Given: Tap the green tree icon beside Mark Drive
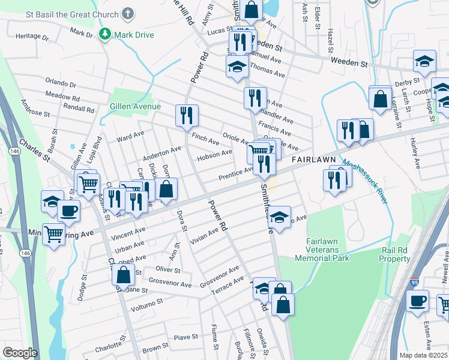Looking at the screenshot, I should pyautogui.click(x=106, y=34).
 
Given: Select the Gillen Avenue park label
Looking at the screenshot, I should pyautogui.click(x=135, y=106).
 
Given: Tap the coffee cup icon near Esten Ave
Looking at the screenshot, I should pyautogui.click(x=417, y=300).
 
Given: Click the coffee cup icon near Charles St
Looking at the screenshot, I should pyautogui.click(x=68, y=211).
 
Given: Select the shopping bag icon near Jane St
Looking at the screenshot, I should pyautogui.click(x=123, y=275).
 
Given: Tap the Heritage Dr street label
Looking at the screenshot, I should pyautogui.click(x=32, y=36).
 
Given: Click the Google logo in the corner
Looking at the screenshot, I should pyautogui.click(x=20, y=353).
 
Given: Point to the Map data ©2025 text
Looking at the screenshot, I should pyautogui.click(x=423, y=355).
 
